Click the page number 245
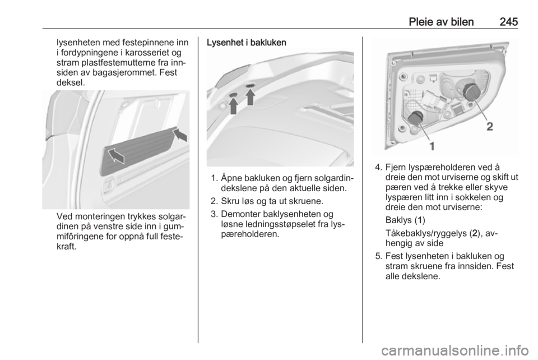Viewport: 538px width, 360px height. pyautogui.click(x=508, y=22)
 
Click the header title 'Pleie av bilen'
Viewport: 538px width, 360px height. pyautogui.click(x=441, y=22)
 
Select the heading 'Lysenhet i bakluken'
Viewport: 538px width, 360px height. pyautogui.click(x=247, y=43)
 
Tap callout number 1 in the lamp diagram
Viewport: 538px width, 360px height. pyautogui.click(x=432, y=146)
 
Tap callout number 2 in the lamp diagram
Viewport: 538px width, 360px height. pyautogui.click(x=490, y=127)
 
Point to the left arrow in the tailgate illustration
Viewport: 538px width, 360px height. pyautogui.click(x=233, y=105)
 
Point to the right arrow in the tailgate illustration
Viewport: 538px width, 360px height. pyautogui.click(x=251, y=97)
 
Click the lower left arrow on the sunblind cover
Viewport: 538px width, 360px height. pyautogui.click(x=116, y=156)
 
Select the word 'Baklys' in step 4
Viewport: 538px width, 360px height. pyautogui.click(x=398, y=220)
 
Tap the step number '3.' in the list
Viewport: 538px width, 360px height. pyautogui.click(x=215, y=215)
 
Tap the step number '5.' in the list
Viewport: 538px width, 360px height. pyautogui.click(x=379, y=256)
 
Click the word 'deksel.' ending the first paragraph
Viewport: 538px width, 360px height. pyautogui.click(x=71, y=82)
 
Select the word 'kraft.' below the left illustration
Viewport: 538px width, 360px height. pyautogui.click(x=67, y=246)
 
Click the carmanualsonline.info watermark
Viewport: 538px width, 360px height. pyautogui.click(x=454, y=350)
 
